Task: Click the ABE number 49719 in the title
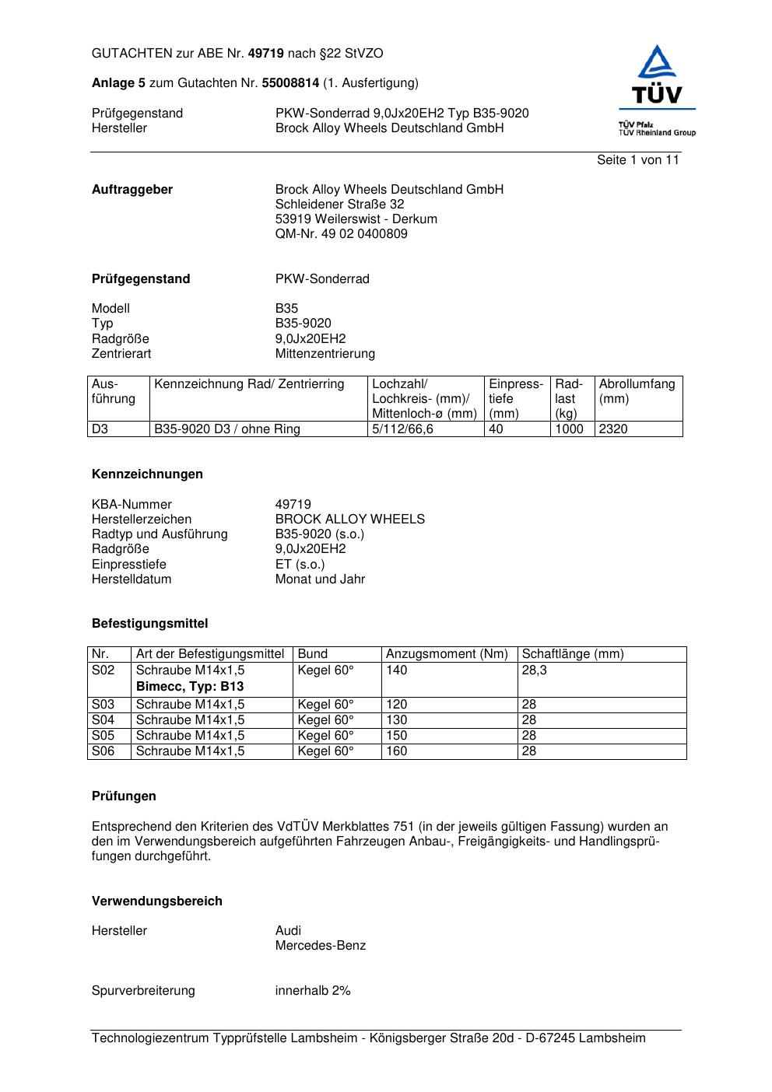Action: tap(266, 54)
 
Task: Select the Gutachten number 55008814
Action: tap(290, 83)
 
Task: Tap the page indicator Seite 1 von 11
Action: tap(637, 160)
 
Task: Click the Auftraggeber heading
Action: tap(132, 190)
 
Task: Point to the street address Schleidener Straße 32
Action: tap(339, 205)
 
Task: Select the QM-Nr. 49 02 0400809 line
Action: tap(341, 234)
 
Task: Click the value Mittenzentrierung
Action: tap(325, 354)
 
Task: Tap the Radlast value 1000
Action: tap(569, 429)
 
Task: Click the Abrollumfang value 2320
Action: tap(613, 429)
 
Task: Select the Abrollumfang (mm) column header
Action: tap(637, 391)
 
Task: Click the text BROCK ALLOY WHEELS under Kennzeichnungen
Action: tap(349, 520)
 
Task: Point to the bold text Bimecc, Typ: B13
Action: tap(190, 687)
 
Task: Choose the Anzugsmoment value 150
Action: tap(397, 736)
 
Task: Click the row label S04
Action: tap(103, 720)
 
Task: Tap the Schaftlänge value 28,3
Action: tap(534, 670)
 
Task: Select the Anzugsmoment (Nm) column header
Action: tap(447, 654)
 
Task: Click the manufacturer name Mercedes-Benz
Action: tap(320, 946)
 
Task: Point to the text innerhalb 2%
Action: tap(313, 991)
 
